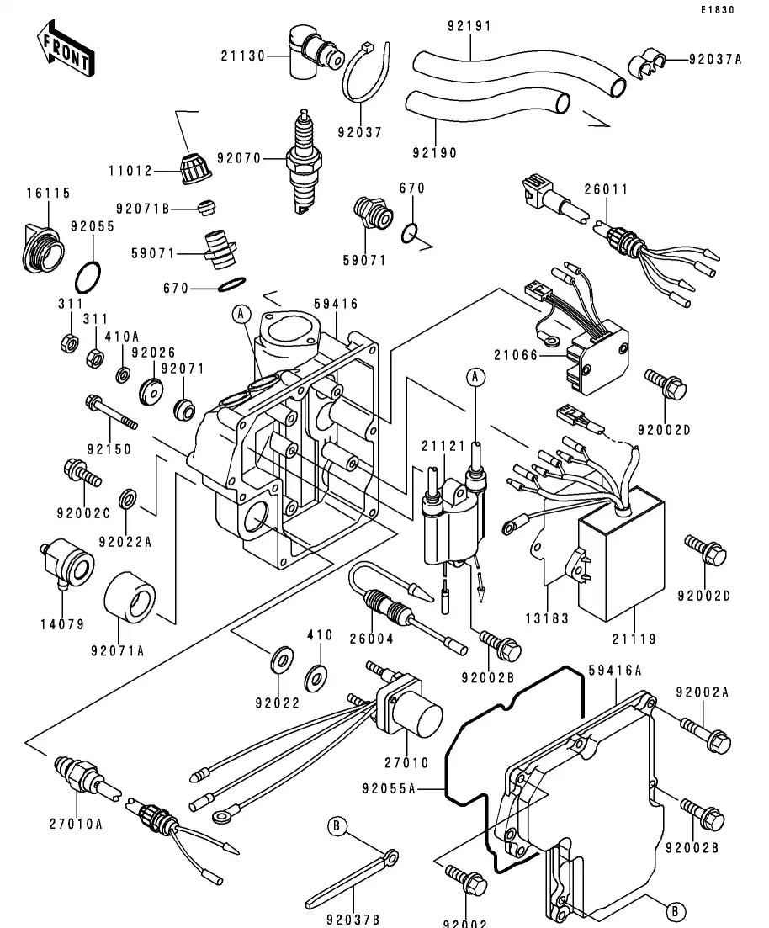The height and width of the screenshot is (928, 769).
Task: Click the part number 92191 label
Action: pos(469,26)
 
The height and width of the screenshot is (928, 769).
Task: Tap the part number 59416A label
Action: pos(615,671)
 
